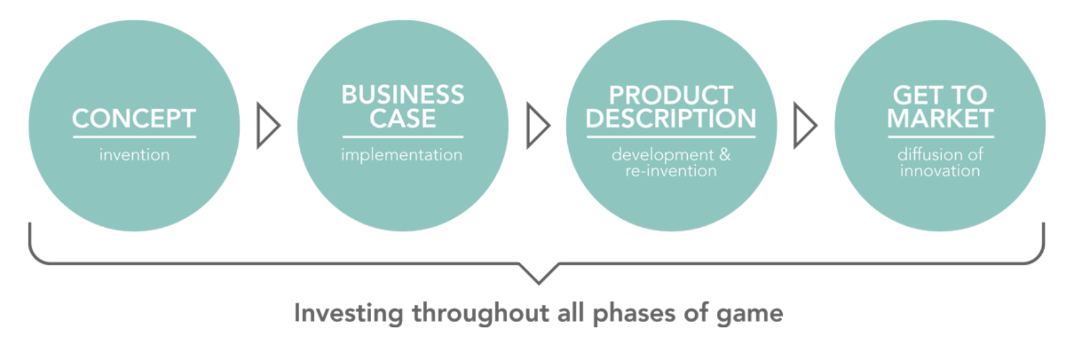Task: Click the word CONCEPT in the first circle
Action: point(134,119)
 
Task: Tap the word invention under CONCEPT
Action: point(134,155)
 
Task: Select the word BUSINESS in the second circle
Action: point(402,95)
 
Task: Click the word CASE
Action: point(402,119)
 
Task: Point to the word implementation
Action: point(402,155)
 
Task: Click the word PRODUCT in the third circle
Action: point(671,95)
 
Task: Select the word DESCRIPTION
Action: point(671,119)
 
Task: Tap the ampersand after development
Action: point(724,154)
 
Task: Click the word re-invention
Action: point(671,171)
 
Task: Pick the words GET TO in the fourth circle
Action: point(940,95)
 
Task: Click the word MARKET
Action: point(940,119)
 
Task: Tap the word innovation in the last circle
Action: point(940,171)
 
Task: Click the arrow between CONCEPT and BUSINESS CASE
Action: point(268,126)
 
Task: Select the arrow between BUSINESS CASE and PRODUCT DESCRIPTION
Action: point(537,126)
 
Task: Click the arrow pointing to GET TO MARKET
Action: point(804,126)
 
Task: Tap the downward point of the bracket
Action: point(539,281)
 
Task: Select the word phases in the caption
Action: point(633,313)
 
